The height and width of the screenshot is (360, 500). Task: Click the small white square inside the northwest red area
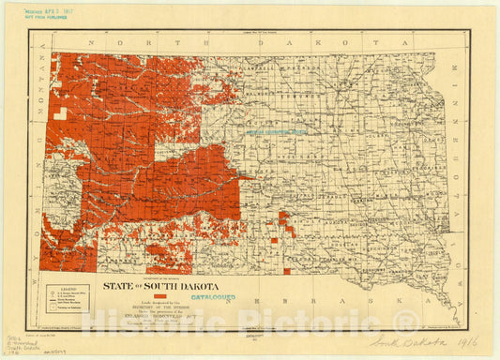pos(60,112)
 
